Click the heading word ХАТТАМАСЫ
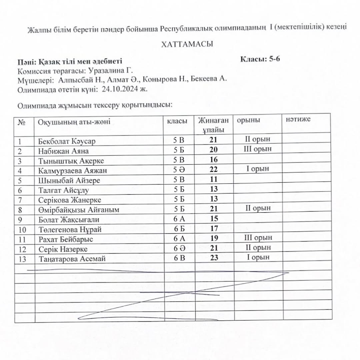(x=187, y=44)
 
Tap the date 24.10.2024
(x=120, y=89)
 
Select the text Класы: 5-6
(x=260, y=60)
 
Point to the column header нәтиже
(x=298, y=119)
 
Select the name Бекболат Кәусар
(x=67, y=141)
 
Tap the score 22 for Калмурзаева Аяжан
(x=214, y=169)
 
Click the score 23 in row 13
(x=214, y=258)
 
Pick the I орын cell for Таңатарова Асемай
(x=258, y=257)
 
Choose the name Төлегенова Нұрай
(x=70, y=230)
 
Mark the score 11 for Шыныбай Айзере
(x=214, y=179)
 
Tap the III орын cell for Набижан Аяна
(x=258, y=149)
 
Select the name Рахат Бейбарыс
(x=65, y=240)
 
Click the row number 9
(x=20, y=220)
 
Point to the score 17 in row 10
(x=214, y=229)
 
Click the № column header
(x=22, y=122)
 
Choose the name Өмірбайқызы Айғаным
(x=79, y=210)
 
